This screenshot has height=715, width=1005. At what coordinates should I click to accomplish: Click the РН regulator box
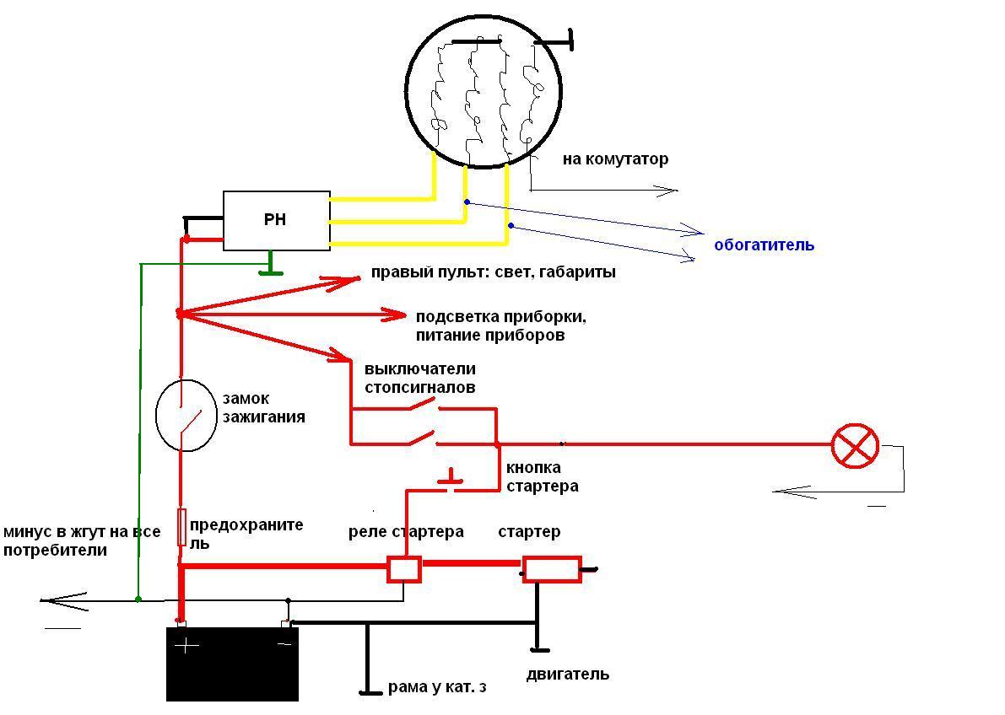click(276, 221)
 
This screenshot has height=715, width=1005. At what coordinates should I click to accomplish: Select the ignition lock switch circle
click(186, 416)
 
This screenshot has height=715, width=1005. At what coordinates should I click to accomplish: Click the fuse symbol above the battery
click(181, 527)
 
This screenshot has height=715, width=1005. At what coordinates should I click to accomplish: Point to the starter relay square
click(403, 569)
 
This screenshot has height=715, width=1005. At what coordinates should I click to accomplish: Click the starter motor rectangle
click(552, 570)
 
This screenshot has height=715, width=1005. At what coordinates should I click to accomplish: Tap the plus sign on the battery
click(186, 646)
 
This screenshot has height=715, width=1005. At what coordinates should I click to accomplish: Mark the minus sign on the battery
click(284, 645)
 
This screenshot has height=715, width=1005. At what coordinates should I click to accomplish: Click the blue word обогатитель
click(764, 245)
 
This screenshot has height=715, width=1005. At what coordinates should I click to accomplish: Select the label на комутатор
click(615, 159)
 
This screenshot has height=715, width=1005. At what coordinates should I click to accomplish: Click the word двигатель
click(567, 675)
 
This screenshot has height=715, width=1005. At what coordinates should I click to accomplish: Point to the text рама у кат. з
click(437, 687)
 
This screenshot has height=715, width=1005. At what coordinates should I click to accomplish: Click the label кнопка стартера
click(542, 477)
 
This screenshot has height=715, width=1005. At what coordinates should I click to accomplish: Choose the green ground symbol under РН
click(270, 268)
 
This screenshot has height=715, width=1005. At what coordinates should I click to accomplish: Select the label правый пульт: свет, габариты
click(493, 272)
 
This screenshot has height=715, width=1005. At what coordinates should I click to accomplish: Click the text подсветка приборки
click(500, 317)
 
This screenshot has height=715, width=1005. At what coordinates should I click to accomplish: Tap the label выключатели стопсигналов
click(419, 378)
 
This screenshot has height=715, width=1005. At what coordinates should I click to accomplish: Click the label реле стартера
click(406, 532)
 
